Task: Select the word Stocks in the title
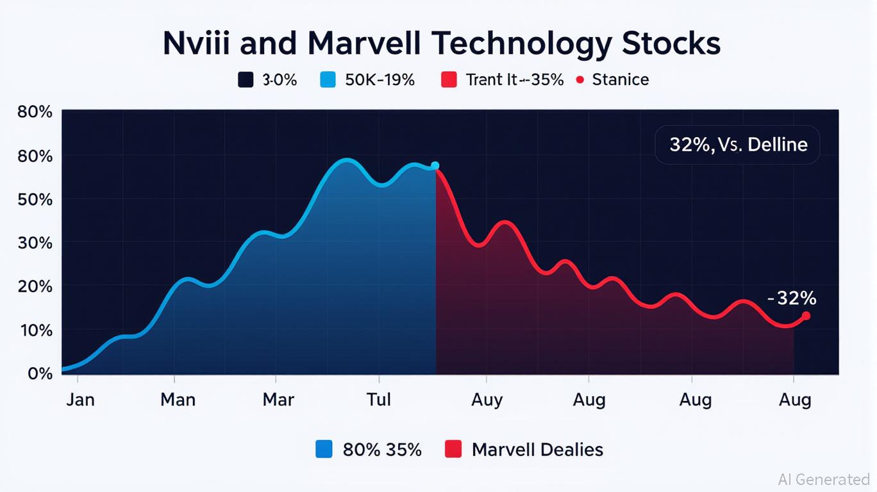(x=671, y=44)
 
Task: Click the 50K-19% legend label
(x=380, y=80)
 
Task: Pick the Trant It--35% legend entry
(x=514, y=80)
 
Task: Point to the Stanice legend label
(x=620, y=80)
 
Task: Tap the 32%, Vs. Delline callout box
(x=737, y=145)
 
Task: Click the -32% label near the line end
(x=791, y=298)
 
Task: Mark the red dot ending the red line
(x=806, y=316)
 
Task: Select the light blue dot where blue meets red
(x=435, y=166)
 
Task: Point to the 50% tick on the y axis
(x=35, y=199)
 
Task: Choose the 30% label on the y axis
(x=35, y=243)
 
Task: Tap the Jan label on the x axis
(x=80, y=400)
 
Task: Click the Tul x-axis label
(x=378, y=400)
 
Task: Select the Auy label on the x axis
(x=487, y=400)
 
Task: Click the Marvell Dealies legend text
(x=537, y=450)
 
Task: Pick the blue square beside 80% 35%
(x=324, y=449)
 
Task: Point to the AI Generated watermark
(x=824, y=479)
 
